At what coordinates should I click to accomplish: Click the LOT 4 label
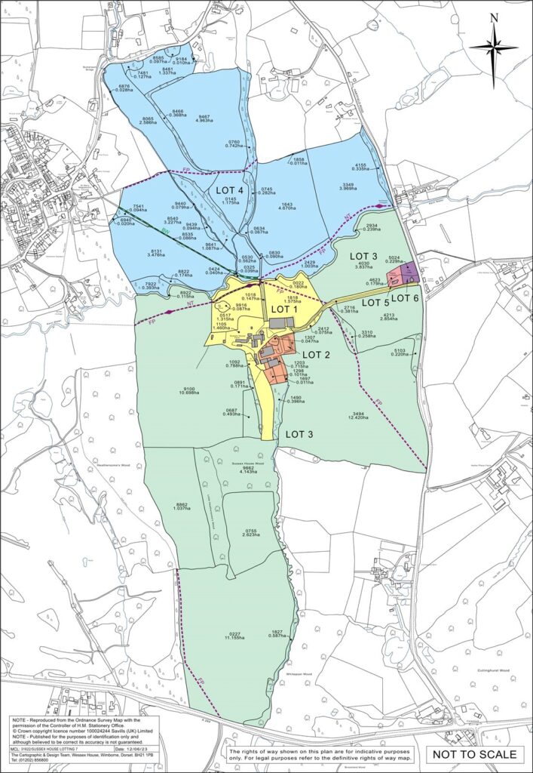tap(231, 190)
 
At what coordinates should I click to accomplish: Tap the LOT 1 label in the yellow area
tap(285, 309)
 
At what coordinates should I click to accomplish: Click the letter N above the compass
tap(494, 18)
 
